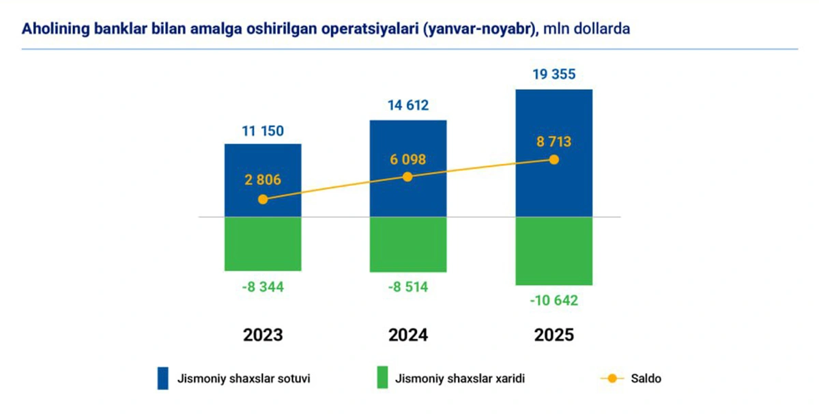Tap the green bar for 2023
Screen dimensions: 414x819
[x=263, y=244]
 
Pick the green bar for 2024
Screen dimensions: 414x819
[x=407, y=245]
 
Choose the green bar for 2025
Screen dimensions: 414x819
[x=554, y=251]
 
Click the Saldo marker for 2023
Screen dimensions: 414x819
[x=263, y=199]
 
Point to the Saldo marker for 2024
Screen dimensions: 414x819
[x=407, y=177]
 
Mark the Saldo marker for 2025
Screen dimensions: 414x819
[x=554, y=160]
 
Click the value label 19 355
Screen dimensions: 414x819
[x=554, y=75]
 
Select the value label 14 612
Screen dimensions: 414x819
[x=407, y=106]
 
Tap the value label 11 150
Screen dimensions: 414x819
[x=263, y=130]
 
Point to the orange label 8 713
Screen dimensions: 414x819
[x=554, y=143]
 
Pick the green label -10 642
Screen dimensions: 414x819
[x=554, y=301]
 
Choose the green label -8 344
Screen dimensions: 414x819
[x=263, y=288]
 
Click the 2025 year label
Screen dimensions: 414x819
[x=554, y=335]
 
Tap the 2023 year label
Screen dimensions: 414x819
[x=263, y=335]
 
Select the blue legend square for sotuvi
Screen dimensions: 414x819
[x=162, y=378]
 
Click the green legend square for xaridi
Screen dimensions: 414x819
[x=382, y=378]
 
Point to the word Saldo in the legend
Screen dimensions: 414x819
[x=646, y=378]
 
